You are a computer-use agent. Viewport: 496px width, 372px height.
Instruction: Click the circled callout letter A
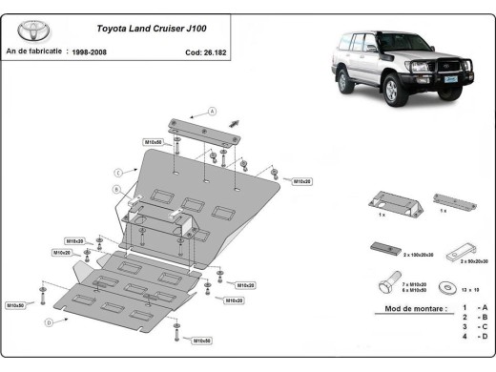(x=212, y=111)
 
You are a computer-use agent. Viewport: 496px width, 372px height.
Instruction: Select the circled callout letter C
(x=116, y=172)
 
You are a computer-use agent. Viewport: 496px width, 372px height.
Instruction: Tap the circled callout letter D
(x=48, y=323)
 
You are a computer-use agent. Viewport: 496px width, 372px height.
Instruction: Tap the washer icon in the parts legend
(x=445, y=285)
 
